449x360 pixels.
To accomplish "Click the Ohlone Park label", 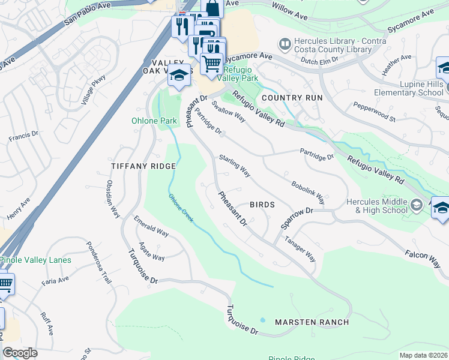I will coord(154,121).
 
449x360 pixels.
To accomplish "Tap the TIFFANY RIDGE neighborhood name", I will coord(143,166).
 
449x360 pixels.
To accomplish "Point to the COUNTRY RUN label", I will coord(292,97).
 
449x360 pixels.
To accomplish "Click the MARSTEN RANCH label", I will coord(312,322).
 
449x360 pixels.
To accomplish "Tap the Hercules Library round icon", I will coord(285,44).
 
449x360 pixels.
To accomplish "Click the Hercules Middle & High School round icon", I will coord(417,206).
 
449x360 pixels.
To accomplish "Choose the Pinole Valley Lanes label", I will coord(35,260).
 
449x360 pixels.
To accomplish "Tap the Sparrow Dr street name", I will coord(297,219).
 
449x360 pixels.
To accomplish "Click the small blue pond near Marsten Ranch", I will coord(263,319).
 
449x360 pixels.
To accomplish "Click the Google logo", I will coord(20,352).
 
